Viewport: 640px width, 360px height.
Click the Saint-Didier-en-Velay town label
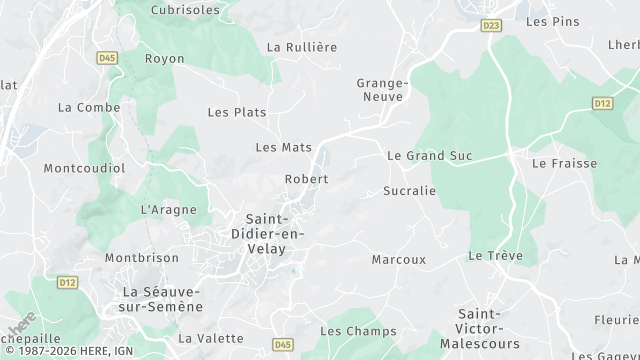point(273,233)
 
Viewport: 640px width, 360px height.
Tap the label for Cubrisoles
point(185,9)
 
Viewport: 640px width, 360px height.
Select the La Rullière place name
point(302,47)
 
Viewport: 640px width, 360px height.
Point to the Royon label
point(165,59)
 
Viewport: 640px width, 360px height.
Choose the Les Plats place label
point(237,112)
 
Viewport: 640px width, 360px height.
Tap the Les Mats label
point(284,147)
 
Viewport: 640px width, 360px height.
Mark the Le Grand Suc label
point(429,156)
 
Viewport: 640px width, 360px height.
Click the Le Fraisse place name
point(565,163)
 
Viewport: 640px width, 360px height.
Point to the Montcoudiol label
point(84,168)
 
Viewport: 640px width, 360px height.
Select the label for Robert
point(306,179)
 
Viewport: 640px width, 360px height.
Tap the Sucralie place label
point(410,190)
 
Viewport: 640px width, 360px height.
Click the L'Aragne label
point(162,210)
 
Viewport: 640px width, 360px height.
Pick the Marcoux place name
point(398,259)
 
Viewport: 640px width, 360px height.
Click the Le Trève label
point(495,256)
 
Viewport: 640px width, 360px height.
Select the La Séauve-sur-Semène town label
point(161,298)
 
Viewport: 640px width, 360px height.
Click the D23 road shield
point(490,25)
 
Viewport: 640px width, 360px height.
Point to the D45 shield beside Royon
point(108,59)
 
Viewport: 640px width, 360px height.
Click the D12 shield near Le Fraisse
point(601,103)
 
